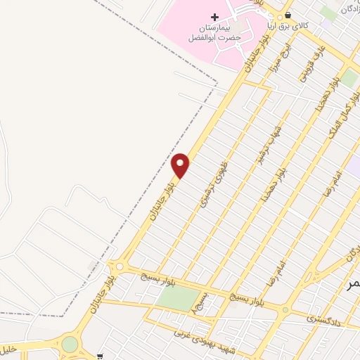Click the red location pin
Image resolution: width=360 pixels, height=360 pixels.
tap(181, 165)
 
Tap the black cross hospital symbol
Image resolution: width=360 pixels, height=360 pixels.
tap(214, 16)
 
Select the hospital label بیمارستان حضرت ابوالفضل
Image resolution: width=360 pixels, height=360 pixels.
tap(214, 32)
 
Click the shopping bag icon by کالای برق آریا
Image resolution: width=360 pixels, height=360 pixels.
tap(286, 16)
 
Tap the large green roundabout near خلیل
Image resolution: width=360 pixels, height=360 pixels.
tap(70, 344)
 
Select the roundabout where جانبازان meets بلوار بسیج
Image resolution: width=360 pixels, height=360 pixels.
tap(119, 266)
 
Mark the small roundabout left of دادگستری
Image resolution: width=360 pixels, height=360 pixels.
tap(285, 309)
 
